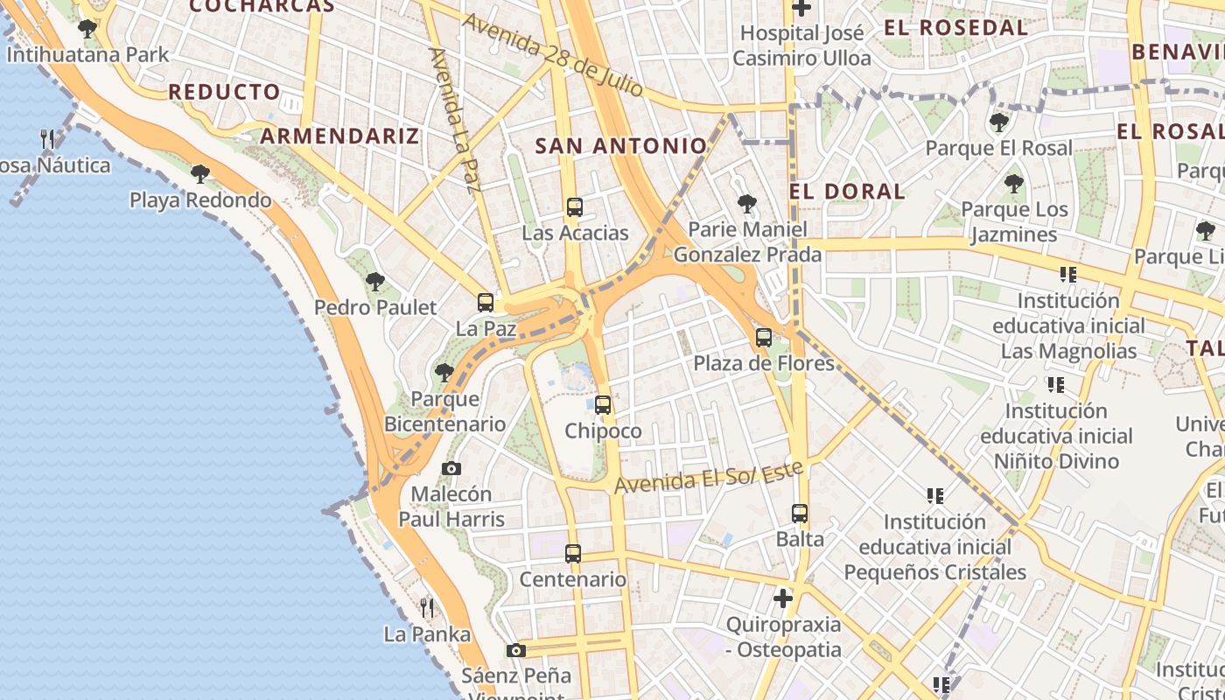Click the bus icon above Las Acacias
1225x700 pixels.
(x=574, y=207)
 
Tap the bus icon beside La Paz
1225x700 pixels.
(x=486, y=303)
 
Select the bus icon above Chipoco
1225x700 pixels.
(x=602, y=405)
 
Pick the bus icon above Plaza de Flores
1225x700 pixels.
(x=764, y=338)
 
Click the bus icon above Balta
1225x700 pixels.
(x=800, y=514)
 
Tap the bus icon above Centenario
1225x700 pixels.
(x=573, y=554)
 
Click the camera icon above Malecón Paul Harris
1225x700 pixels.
(x=451, y=469)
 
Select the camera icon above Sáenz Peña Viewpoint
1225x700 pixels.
(x=516, y=650)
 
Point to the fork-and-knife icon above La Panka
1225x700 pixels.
(x=427, y=607)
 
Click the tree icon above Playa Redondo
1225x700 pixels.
(x=200, y=174)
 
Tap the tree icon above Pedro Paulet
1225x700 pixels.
(x=374, y=282)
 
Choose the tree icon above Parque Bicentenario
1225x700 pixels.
(x=444, y=373)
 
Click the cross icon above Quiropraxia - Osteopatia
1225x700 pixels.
(x=783, y=598)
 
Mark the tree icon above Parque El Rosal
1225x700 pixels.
(x=998, y=122)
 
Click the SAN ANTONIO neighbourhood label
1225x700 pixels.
(x=620, y=146)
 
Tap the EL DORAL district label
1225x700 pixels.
(x=847, y=192)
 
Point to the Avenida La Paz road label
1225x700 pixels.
(x=455, y=120)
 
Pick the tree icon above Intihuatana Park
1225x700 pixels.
(x=87, y=29)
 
